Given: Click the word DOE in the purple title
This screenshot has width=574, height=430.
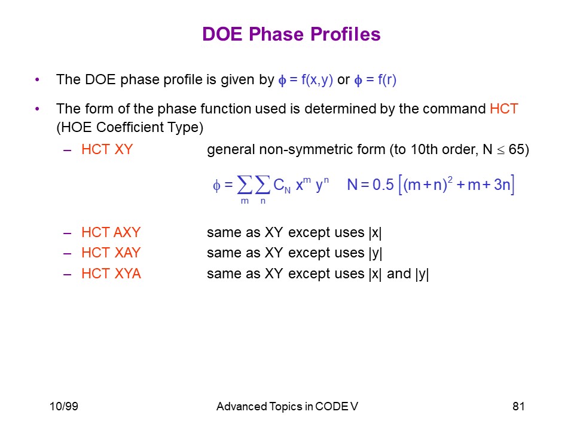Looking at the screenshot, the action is tap(222, 35).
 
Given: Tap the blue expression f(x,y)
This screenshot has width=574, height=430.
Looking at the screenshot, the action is tap(317, 79).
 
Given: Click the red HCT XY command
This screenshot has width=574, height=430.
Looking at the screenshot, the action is tap(107, 149).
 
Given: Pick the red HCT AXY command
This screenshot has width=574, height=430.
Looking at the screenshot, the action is tap(111, 232).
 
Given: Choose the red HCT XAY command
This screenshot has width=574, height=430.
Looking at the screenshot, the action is tap(111, 253).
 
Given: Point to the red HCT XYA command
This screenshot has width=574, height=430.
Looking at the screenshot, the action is tap(111, 274).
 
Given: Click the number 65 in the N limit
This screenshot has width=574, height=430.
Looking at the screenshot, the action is tap(516, 149).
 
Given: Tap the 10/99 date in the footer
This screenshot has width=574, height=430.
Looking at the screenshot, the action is tap(64, 406).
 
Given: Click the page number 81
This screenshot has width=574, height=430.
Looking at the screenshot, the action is tap(518, 406).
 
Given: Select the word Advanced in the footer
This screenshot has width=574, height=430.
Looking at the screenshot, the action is tap(242, 407).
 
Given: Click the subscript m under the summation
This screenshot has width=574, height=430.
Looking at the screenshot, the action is tap(245, 201).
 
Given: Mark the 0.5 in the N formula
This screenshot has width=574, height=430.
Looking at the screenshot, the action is tap(383, 185).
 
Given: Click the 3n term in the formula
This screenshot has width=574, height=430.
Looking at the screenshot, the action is tap(502, 185).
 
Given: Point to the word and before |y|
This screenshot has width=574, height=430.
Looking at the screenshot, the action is tap(399, 274).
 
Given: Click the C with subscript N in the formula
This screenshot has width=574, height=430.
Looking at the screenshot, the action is tap(282, 185).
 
